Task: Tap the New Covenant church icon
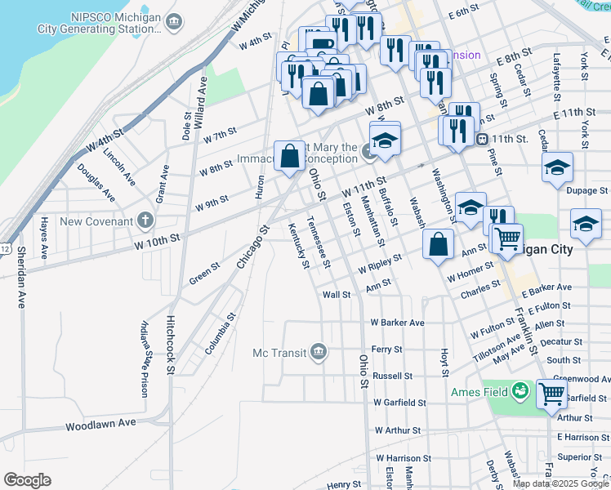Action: pyautogui.click(x=145, y=220)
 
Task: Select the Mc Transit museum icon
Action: pyautogui.click(x=319, y=352)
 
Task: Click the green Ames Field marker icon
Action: pyautogui.click(x=520, y=392)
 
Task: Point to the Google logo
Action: pyautogui.click(x=27, y=480)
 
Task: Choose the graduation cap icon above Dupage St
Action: pyautogui.click(x=557, y=168)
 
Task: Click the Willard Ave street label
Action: pyautogui.click(x=198, y=102)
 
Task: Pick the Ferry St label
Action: pyautogui.click(x=386, y=349)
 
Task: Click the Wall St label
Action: pyautogui.click(x=337, y=295)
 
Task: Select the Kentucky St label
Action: pyautogui.click(x=298, y=245)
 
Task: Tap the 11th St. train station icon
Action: pyautogui.click(x=483, y=139)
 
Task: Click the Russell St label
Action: pyautogui.click(x=392, y=376)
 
